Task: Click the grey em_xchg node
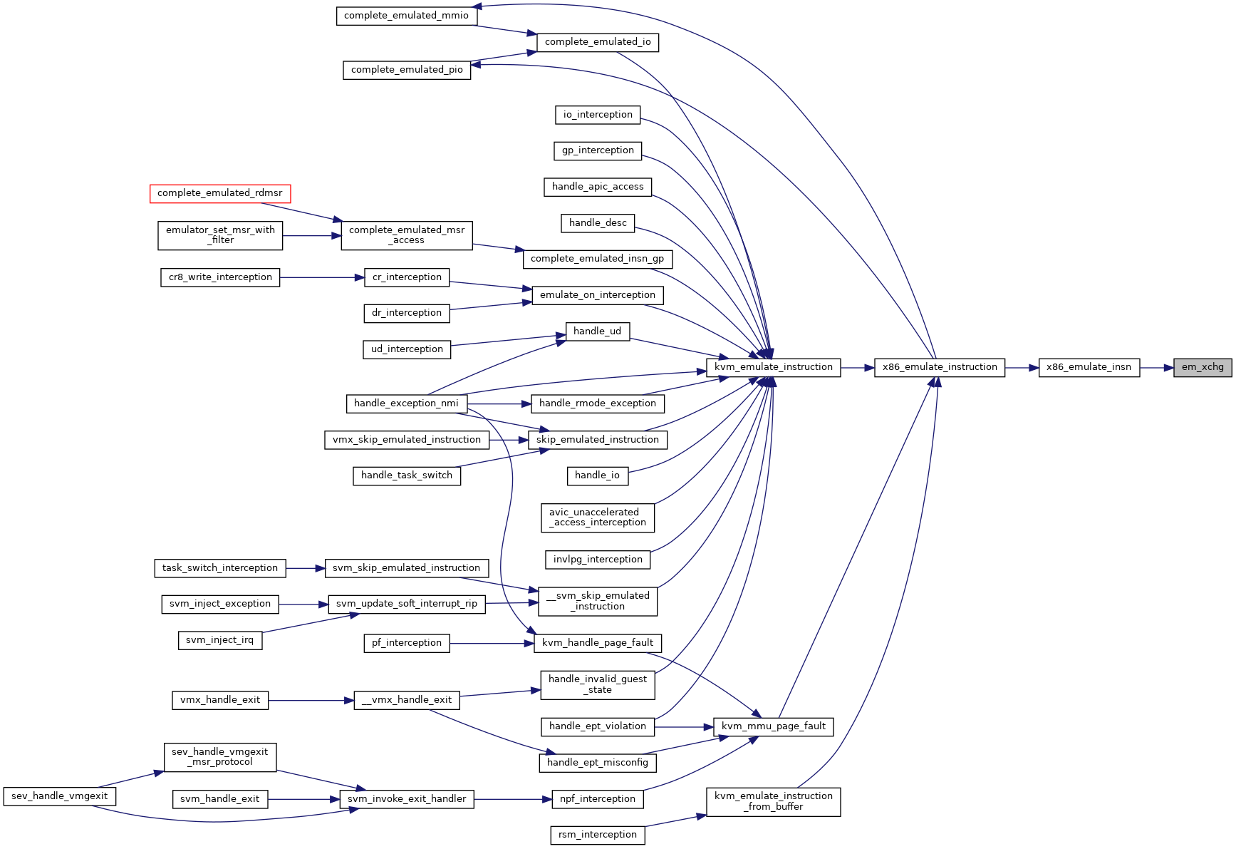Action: point(1203,368)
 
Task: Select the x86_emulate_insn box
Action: point(1089,368)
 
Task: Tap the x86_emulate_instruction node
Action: point(940,368)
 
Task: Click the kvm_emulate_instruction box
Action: point(773,368)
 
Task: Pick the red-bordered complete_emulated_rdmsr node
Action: point(220,193)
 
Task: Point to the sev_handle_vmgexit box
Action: point(60,796)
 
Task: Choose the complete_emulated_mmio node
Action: point(406,16)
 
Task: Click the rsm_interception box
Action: point(598,835)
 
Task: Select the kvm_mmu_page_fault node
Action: point(773,726)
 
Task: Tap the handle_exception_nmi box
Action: point(406,403)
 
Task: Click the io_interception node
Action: point(598,115)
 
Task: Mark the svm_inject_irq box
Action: point(219,640)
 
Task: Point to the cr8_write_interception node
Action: point(220,277)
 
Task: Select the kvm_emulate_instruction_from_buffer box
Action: point(773,802)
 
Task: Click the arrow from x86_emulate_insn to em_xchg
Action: point(1157,368)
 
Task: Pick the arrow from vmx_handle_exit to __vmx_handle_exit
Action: point(311,701)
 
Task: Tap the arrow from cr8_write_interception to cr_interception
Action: point(321,277)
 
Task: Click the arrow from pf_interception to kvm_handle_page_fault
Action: point(492,644)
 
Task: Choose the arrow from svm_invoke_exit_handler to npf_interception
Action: point(513,799)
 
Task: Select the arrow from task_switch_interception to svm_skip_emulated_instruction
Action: point(306,568)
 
